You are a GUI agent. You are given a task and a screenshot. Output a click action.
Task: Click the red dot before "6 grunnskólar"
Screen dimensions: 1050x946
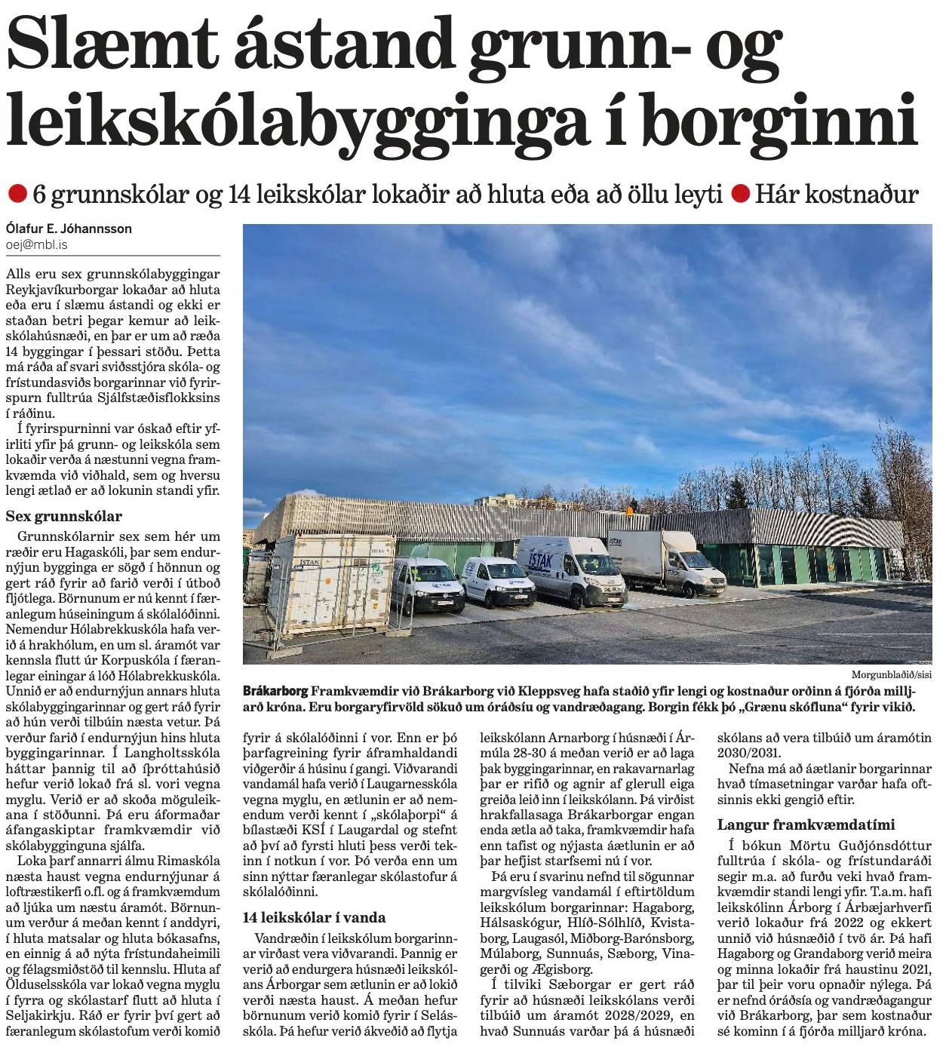pyautogui.click(x=17, y=195)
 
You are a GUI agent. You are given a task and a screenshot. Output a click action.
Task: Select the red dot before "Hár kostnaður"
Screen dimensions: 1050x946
pyautogui.click(x=741, y=195)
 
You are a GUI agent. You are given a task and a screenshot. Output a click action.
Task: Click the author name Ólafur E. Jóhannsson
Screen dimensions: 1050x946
pyautogui.click(x=69, y=229)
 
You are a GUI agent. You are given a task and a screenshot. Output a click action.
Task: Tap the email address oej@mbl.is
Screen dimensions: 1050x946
pyautogui.click(x=36, y=244)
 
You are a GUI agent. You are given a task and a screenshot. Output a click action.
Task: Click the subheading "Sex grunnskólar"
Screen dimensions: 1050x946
pyautogui.click(x=63, y=517)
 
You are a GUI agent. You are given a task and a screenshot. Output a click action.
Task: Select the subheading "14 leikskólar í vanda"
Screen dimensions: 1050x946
pyautogui.click(x=314, y=917)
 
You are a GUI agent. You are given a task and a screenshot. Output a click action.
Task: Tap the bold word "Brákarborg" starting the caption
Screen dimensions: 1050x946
pyautogui.click(x=275, y=691)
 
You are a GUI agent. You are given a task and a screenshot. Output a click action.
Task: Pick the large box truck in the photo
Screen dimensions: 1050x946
pyautogui.click(x=664, y=562)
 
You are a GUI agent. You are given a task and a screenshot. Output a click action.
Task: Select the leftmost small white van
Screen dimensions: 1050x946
pyautogui.click(x=426, y=585)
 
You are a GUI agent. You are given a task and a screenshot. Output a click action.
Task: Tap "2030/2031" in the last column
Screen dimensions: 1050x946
pyautogui.click(x=748, y=753)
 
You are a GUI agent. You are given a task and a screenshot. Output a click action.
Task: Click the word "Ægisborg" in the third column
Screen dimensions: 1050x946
pyautogui.click(x=566, y=969)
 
